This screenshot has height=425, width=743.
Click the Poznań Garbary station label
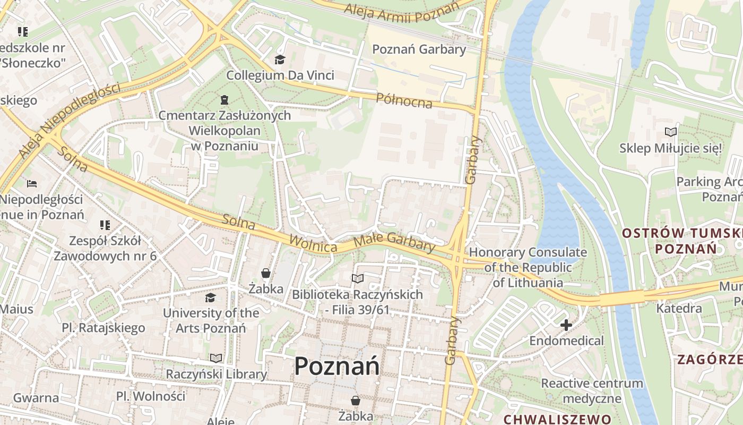pyautogui.click(x=419, y=49)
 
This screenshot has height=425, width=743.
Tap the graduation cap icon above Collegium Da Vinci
pyautogui.click(x=280, y=59)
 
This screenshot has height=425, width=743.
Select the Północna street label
pyautogui.click(x=404, y=100)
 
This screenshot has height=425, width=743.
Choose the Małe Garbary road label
pyautogui.click(x=394, y=242)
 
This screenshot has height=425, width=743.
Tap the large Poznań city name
pyautogui.click(x=336, y=367)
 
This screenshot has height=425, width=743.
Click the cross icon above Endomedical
pyautogui.click(x=566, y=325)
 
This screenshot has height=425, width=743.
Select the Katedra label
pyautogui.click(x=679, y=308)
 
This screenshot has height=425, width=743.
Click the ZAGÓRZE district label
pyautogui.click(x=709, y=360)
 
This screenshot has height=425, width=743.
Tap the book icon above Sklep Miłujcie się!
pyautogui.click(x=671, y=132)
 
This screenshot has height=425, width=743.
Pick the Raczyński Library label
pyautogui.click(x=216, y=374)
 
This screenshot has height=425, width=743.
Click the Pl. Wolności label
pyautogui.click(x=151, y=396)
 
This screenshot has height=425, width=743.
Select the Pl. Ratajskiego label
pyautogui.click(x=103, y=328)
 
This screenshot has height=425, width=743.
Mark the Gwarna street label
pyautogui.click(x=36, y=398)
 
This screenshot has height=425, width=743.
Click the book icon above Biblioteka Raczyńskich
pyautogui.click(x=358, y=278)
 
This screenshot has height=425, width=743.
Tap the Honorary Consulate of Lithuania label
pyautogui.click(x=528, y=267)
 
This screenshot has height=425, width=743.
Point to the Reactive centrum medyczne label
pyautogui.click(x=592, y=390)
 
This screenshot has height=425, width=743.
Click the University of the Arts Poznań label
pyautogui.click(x=211, y=320)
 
